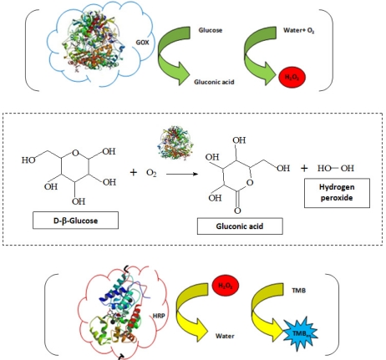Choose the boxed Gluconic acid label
click(240, 226)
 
